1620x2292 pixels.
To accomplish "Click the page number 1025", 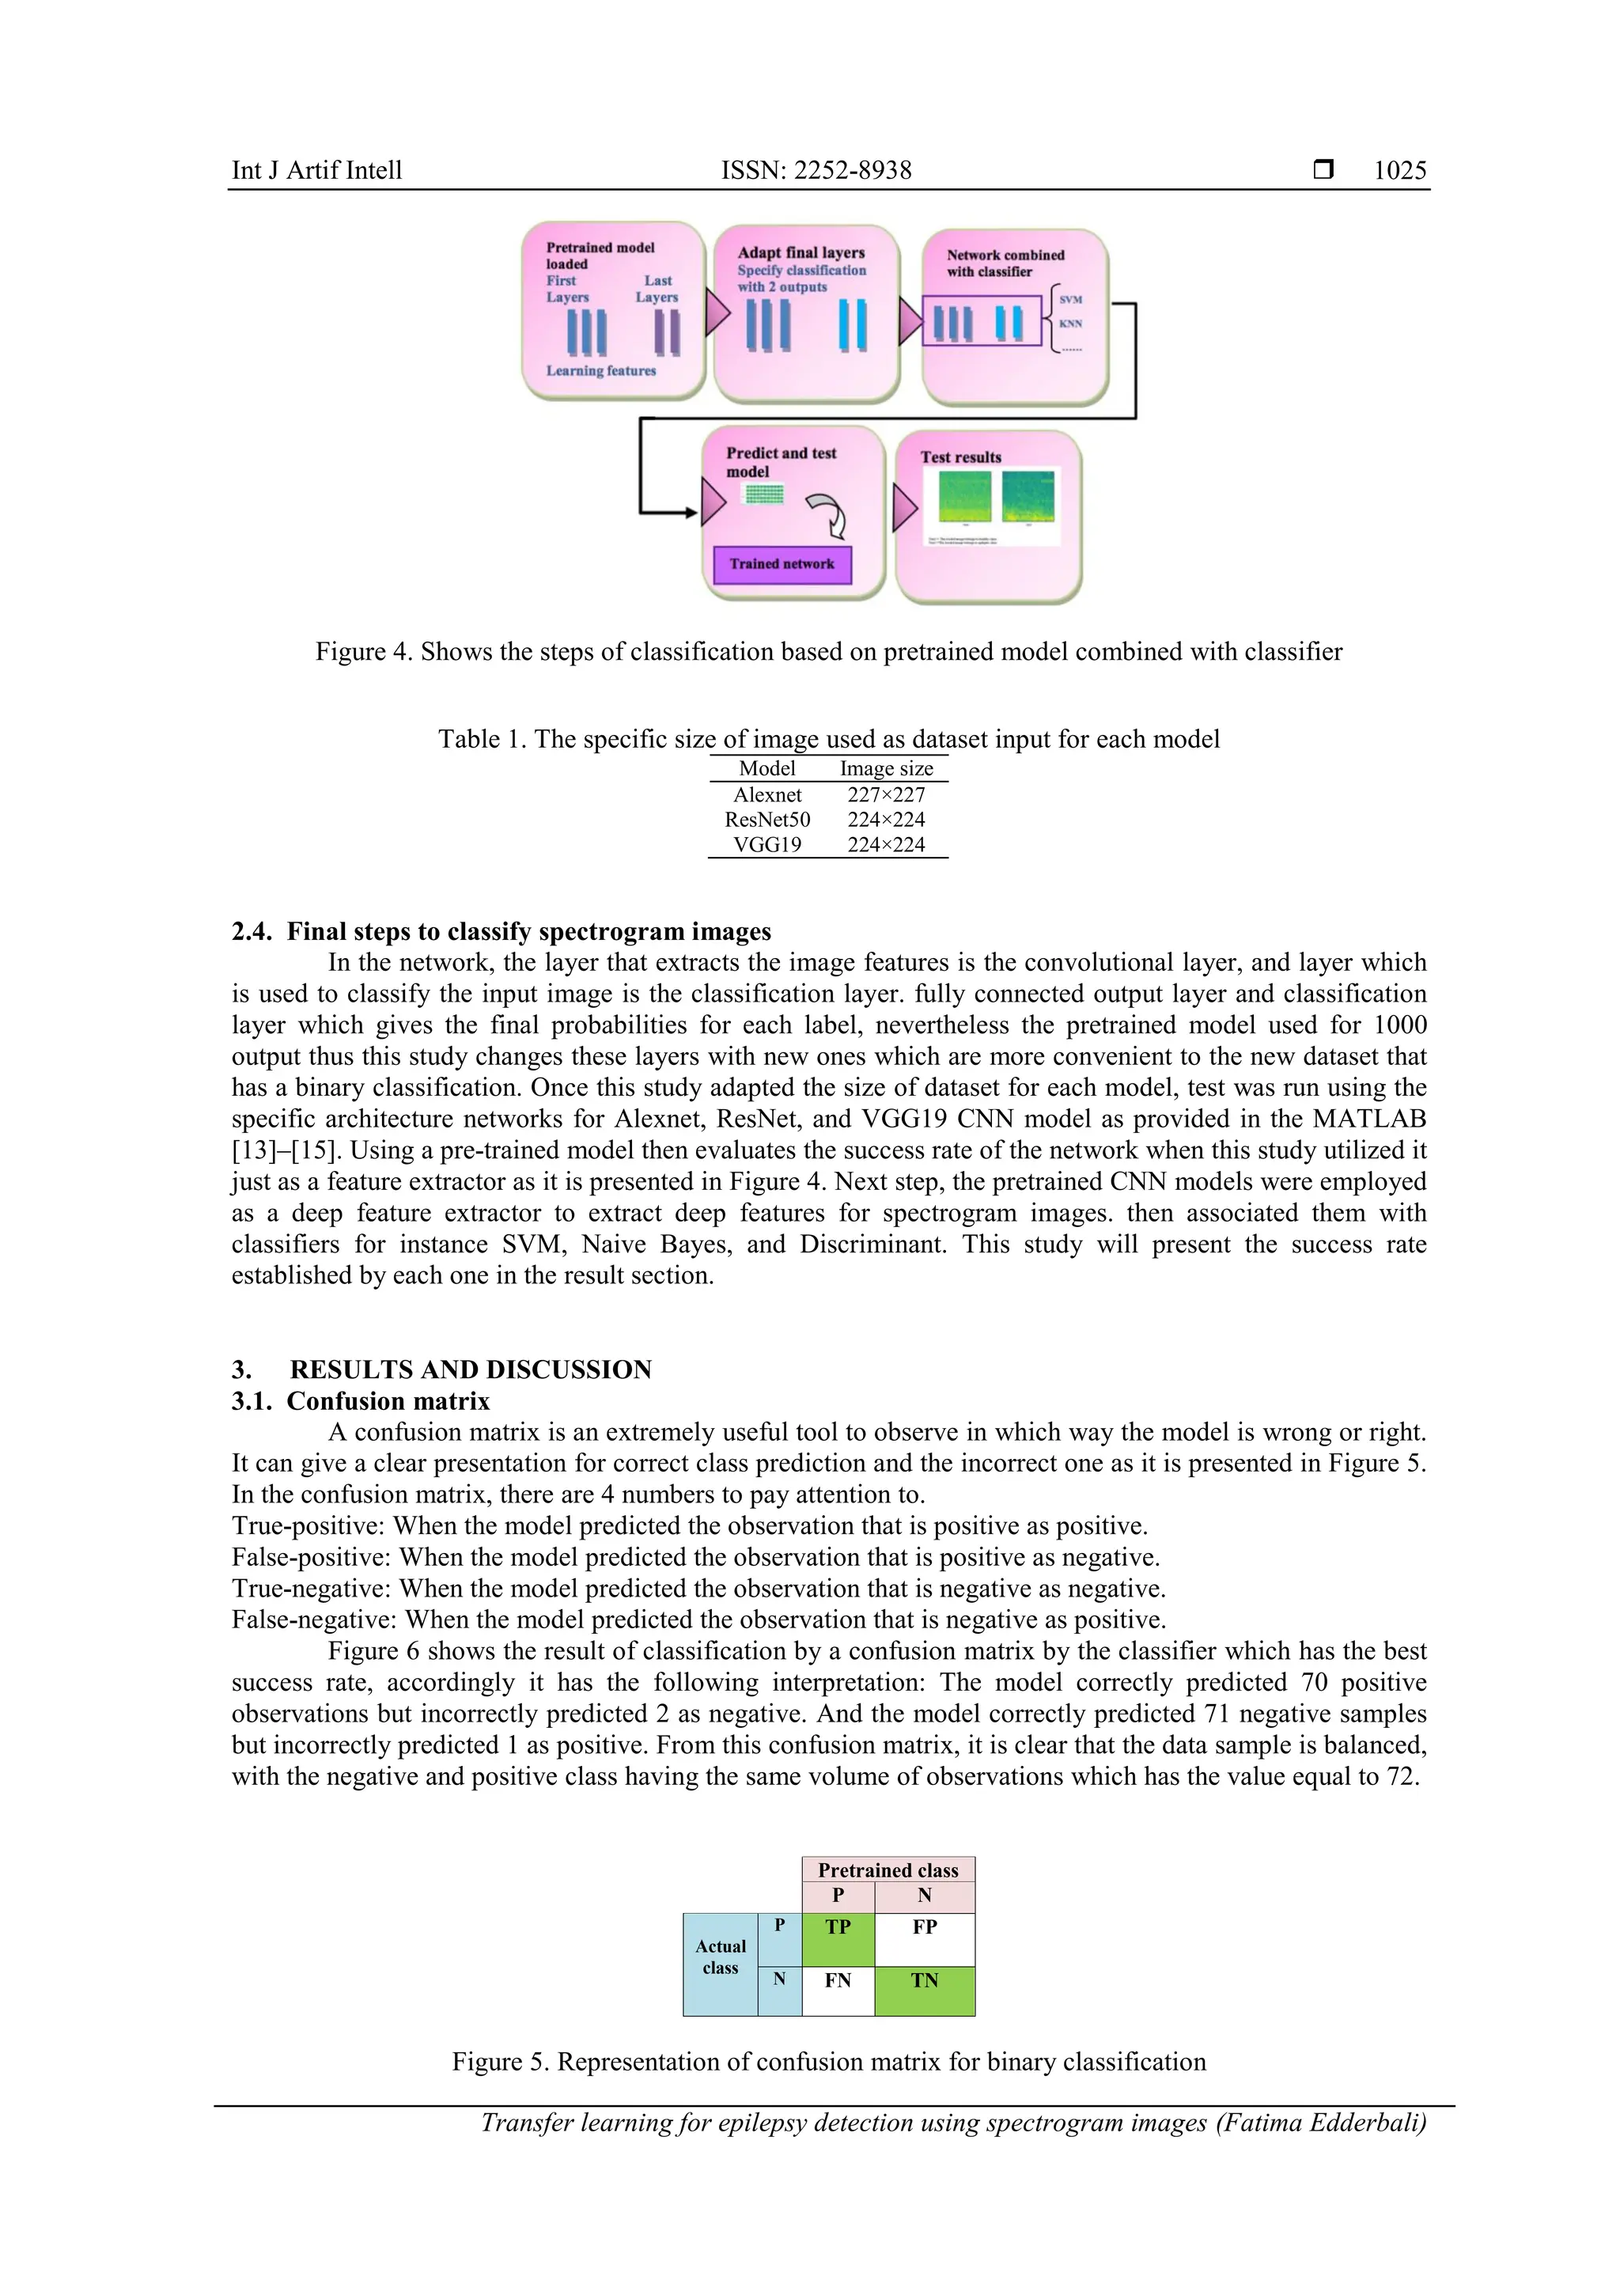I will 1399,171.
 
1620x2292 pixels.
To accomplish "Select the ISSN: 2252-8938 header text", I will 816,171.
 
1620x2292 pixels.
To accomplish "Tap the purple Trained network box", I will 782,564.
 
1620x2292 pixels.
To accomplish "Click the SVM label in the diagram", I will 1070,300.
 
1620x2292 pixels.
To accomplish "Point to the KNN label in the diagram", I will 1070,324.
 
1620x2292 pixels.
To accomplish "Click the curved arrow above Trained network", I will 827,514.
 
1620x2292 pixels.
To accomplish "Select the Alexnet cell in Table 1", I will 766,794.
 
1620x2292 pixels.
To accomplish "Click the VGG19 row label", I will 766,844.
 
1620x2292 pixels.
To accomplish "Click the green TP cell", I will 838,1938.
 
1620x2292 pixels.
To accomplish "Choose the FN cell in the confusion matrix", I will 838,1991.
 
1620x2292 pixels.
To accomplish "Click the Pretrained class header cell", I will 888,1870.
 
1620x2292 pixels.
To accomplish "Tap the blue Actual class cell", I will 720,1964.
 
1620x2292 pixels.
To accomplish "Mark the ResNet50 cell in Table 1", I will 766,820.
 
